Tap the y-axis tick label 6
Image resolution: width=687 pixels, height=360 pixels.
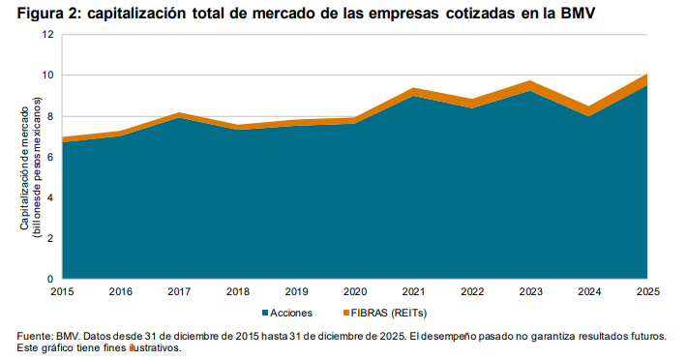pos(49,157)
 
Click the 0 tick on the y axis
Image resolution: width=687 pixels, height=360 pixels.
pos(49,279)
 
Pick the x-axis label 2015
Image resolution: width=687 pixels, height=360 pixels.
pos(62,291)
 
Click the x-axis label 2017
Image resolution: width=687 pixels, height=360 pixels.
pos(179,291)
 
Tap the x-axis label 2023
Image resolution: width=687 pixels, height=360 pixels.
pos(530,291)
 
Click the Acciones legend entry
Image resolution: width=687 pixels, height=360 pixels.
pos(291,313)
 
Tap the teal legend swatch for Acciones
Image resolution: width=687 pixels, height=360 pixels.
pos(264,313)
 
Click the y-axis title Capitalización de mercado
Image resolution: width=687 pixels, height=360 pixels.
pos(29,157)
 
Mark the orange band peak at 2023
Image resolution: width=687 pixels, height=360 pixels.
pos(530,86)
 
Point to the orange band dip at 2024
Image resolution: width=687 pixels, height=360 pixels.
pos(588,111)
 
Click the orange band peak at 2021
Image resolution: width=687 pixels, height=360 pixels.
pos(413,92)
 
